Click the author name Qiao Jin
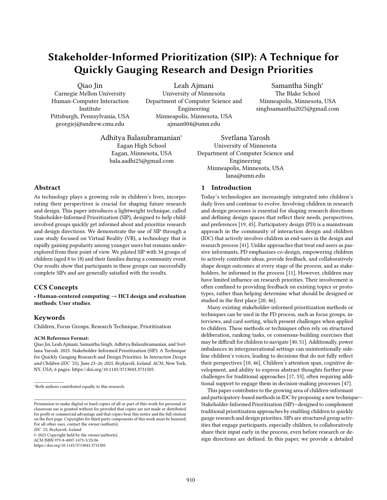(90, 86)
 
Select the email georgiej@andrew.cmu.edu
(90, 124)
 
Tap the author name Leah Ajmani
(194, 86)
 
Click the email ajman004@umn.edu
(194, 124)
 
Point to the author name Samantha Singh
(297, 86)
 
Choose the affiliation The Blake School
(297, 94)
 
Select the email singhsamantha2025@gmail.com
(297, 109)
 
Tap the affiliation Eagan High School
(141, 146)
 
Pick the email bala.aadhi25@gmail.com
(141, 161)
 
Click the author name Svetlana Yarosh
(245, 138)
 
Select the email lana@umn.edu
(245, 176)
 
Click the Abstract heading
(47, 188)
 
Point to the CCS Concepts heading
(56, 287)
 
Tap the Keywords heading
(49, 318)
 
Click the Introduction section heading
(226, 188)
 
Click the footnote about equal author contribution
(80, 387)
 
